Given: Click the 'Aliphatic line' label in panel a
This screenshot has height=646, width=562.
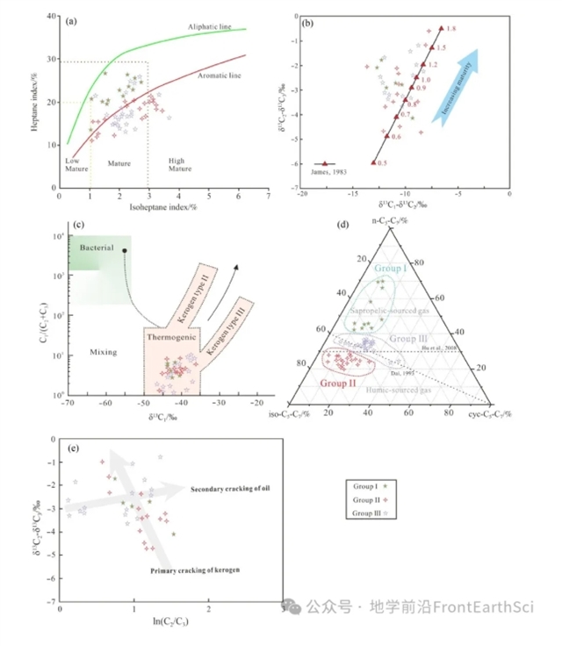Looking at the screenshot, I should tap(209, 27).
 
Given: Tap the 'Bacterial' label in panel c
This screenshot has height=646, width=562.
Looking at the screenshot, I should tap(97, 248).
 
